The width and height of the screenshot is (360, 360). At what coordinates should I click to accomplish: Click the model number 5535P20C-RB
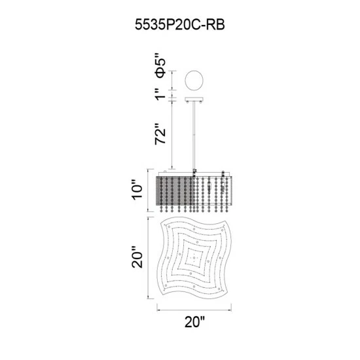(180, 24)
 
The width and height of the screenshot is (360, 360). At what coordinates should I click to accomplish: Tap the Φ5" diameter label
(160, 65)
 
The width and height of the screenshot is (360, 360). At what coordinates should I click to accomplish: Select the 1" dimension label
(160, 94)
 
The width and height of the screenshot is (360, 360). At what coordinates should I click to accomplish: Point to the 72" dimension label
(160, 134)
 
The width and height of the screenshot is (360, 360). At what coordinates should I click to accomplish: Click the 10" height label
(137, 190)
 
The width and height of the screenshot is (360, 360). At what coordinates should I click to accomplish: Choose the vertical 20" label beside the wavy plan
(137, 257)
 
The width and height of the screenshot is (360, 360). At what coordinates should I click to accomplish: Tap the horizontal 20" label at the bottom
(194, 322)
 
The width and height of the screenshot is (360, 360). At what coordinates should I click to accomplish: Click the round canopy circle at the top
(194, 81)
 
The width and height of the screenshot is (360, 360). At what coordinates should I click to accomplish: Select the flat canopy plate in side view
(194, 99)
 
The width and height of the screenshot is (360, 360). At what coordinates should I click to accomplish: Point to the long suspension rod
(194, 135)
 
